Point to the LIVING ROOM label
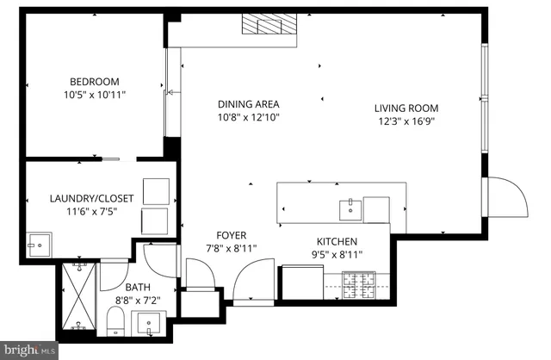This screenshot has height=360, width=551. (x=406, y=109)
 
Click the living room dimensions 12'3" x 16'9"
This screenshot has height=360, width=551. (x=406, y=121)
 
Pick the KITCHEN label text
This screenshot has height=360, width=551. (x=337, y=242)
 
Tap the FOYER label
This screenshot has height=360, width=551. (x=232, y=235)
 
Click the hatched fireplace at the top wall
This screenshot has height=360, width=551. (x=269, y=24)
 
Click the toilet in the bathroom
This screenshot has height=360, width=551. (x=115, y=324)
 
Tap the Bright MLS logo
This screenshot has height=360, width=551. (x=30, y=349)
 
